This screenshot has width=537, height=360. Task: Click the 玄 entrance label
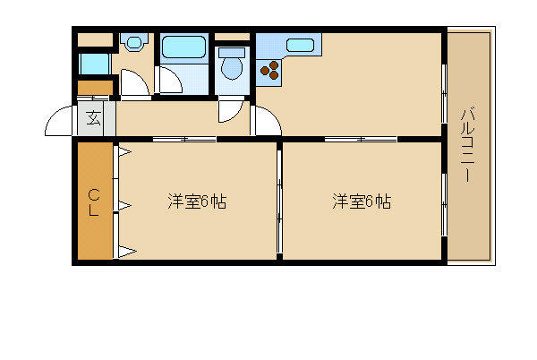(x=93, y=118)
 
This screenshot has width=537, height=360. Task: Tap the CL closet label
(x=93, y=202)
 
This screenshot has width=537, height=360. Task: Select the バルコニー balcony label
(x=467, y=145)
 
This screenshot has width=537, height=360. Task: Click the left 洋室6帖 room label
(x=197, y=201)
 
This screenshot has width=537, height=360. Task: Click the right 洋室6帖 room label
(x=362, y=201)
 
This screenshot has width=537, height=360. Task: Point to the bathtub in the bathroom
(x=183, y=47)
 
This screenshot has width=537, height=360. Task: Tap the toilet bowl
(x=232, y=67)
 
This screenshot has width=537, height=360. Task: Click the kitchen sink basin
(x=301, y=45)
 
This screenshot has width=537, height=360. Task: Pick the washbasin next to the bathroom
(x=134, y=42)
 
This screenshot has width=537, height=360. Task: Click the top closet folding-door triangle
(x=124, y=151)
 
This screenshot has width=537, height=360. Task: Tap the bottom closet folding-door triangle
(x=127, y=252)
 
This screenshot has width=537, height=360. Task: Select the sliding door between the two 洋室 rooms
(x=279, y=201)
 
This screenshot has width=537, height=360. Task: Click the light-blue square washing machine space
(x=94, y=64)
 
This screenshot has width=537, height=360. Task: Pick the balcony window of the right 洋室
(x=444, y=205)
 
